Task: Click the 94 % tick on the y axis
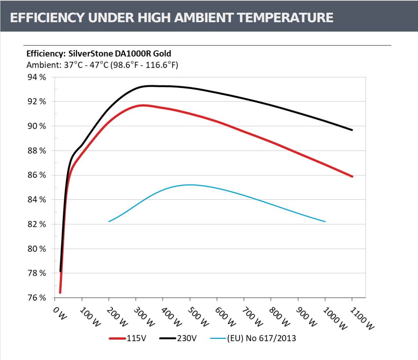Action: point(37,77)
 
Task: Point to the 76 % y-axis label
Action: point(37,298)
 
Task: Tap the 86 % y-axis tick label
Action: point(37,175)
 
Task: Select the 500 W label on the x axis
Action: point(197,316)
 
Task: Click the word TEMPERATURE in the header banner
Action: point(283,18)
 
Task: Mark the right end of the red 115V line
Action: point(352,176)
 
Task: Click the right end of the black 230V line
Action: point(352,130)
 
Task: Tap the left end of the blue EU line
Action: point(109,222)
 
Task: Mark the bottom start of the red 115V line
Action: point(60,292)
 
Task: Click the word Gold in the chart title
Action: point(163,53)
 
